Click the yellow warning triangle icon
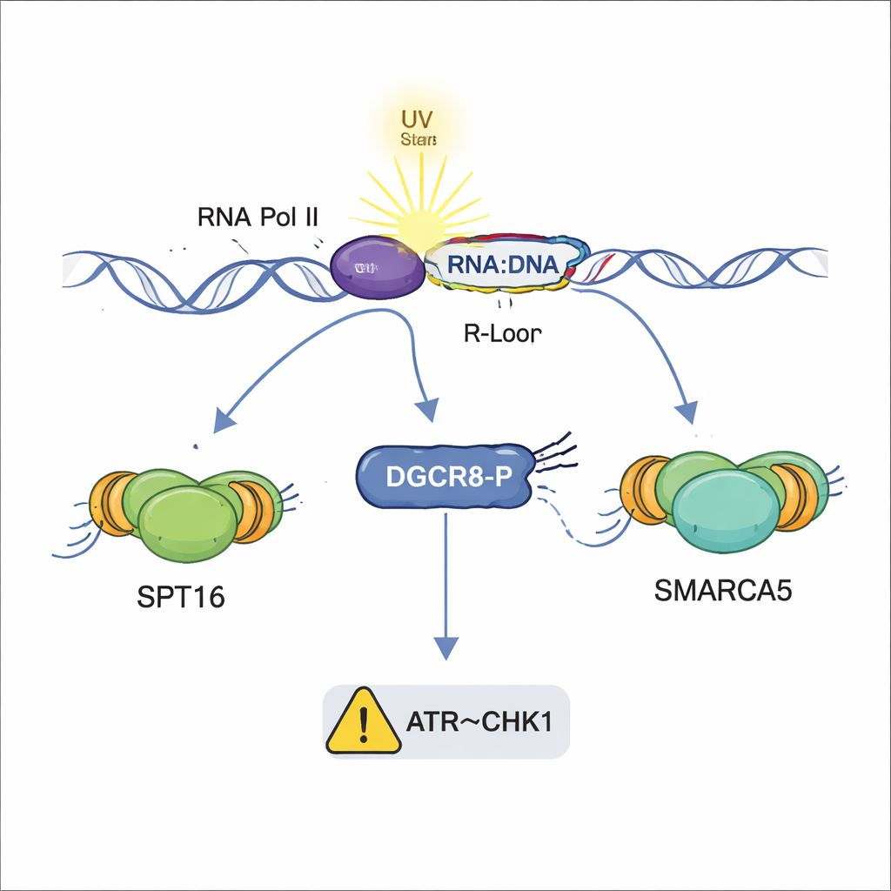(x=363, y=722)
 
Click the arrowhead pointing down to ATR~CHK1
(x=445, y=648)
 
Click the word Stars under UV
(x=419, y=139)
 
